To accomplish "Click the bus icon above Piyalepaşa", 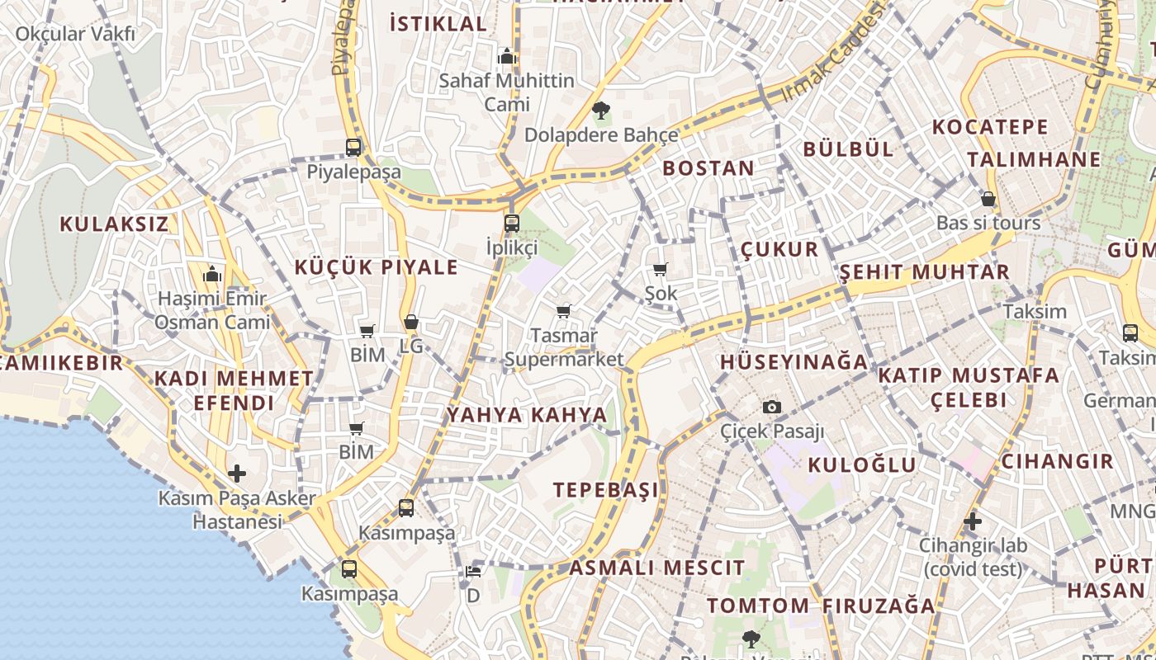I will [353, 148].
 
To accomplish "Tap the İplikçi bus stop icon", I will [512, 223].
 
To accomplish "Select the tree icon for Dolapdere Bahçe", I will [601, 111].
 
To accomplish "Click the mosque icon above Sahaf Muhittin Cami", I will [507, 56].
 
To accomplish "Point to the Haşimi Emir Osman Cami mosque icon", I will [212, 273].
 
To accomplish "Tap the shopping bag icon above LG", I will [410, 322].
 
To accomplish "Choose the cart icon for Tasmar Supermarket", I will [563, 311].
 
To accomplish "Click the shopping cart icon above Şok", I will [660, 269].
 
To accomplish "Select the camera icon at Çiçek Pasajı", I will [772, 407].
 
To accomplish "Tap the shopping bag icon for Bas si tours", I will [988, 199].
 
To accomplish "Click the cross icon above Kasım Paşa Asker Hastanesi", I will [237, 474].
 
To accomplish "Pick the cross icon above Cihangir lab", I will [973, 521].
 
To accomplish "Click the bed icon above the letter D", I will [473, 571].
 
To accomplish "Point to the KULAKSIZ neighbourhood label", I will [114, 224].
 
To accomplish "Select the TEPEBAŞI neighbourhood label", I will [606, 489].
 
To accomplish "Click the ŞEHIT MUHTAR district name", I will [924, 272].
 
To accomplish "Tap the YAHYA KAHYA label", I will [527, 414].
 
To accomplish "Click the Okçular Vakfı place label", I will [75, 34].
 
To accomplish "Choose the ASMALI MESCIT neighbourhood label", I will [656, 568].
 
